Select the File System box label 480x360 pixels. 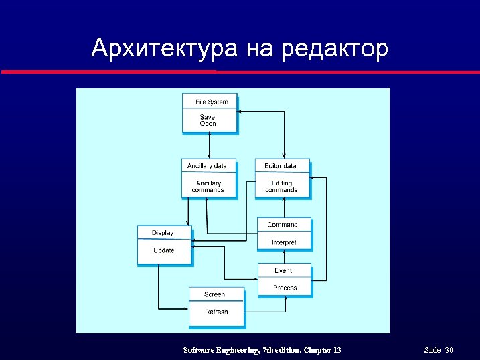point(212,102)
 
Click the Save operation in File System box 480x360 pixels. point(208,117)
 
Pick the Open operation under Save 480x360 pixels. point(208,124)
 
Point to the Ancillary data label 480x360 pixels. point(207,166)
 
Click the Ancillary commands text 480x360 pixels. point(208,187)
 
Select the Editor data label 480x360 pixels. point(281,166)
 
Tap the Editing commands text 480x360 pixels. point(281,187)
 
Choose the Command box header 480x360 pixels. point(282,225)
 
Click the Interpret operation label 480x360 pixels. point(284,242)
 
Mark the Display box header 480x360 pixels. point(163,233)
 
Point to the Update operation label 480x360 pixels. point(164,250)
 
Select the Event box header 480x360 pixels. point(283,271)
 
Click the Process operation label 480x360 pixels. point(285,288)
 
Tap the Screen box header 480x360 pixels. point(214,294)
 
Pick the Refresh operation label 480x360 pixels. point(216,312)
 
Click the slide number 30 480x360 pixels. point(449,351)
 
